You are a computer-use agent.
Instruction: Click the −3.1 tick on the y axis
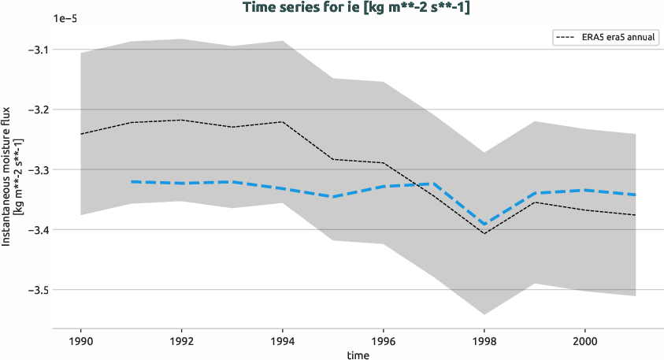[x=35, y=50]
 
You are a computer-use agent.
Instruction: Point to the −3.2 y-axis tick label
[x=35, y=109]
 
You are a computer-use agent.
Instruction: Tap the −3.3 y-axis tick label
[x=35, y=169]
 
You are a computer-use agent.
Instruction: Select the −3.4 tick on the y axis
[x=35, y=230]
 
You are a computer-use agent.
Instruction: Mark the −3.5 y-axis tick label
[x=35, y=290]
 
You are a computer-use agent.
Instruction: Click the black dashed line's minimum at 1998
[x=484, y=233]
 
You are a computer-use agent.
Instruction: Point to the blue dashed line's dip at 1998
[x=484, y=225]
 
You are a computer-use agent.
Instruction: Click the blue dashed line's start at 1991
[x=132, y=182]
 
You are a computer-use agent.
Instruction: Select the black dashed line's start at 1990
[x=81, y=134]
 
